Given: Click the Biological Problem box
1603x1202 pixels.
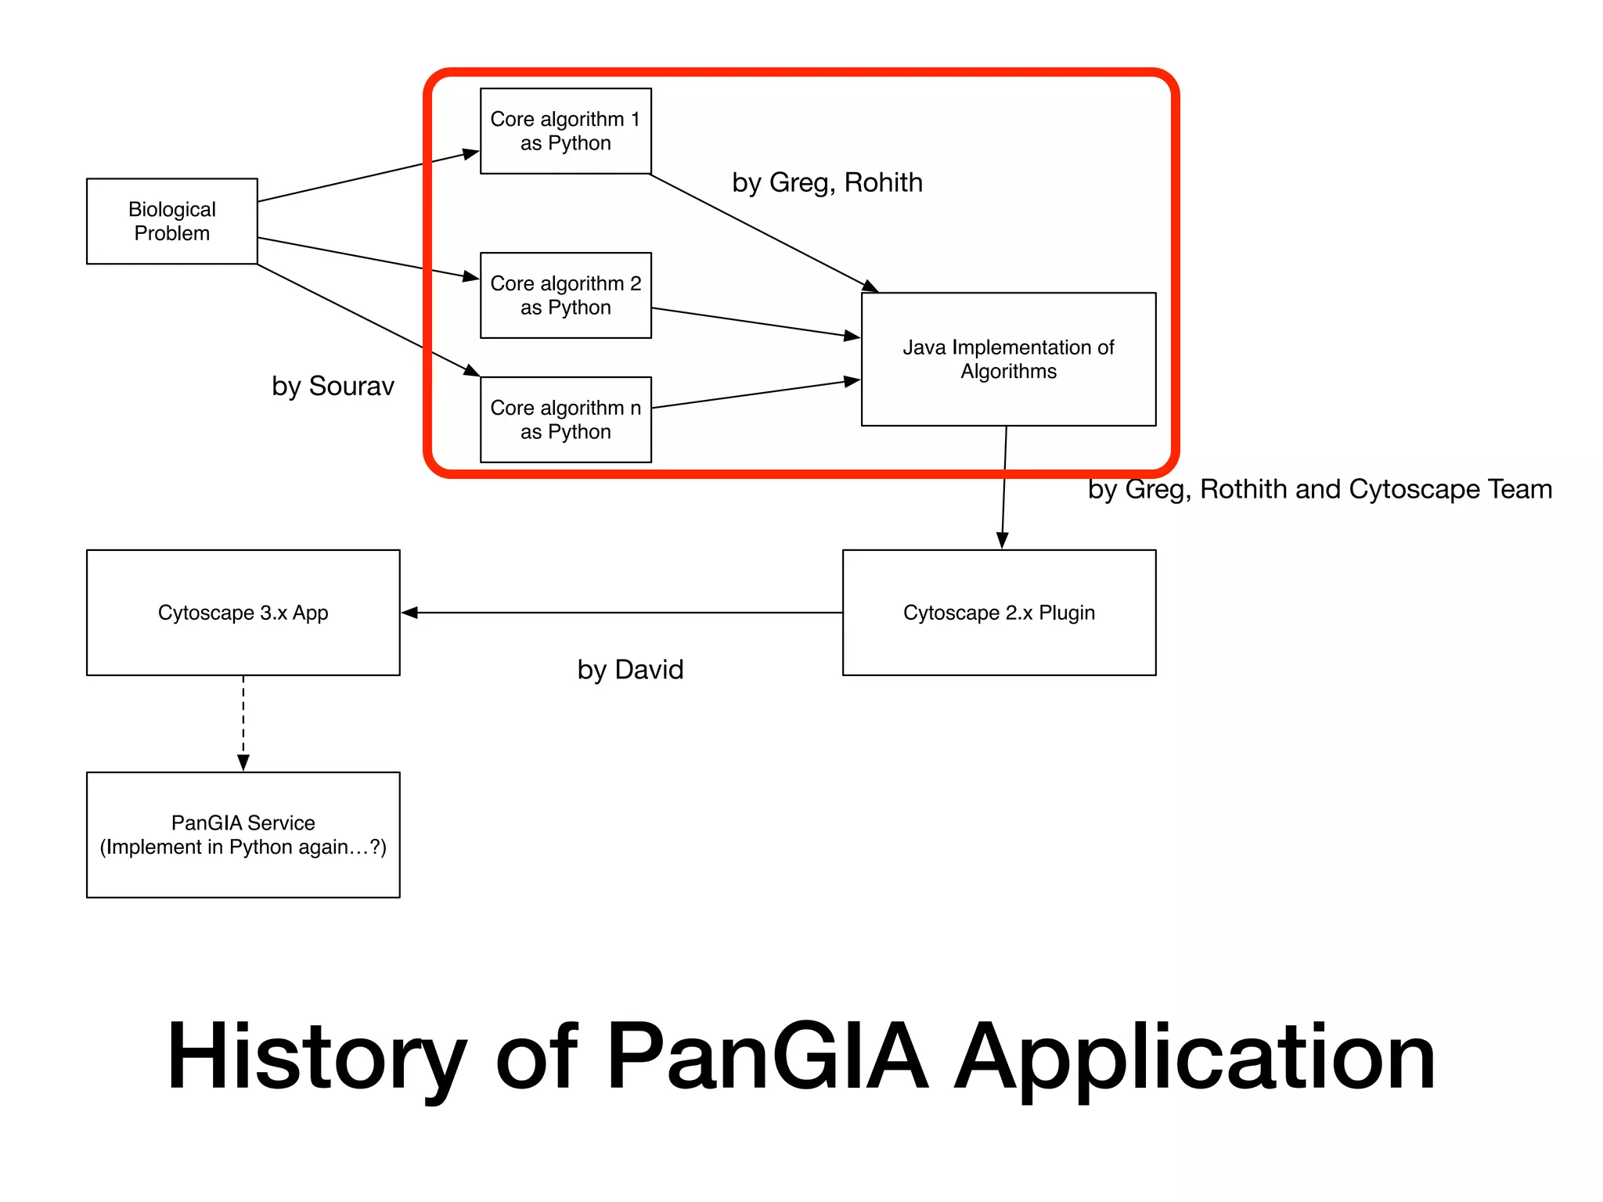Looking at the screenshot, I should pyautogui.click(x=171, y=221).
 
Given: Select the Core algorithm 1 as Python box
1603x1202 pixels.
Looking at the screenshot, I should pyautogui.click(x=565, y=131).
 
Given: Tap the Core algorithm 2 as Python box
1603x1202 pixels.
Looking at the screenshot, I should pyautogui.click(x=565, y=295).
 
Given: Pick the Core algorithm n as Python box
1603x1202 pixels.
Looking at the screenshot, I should pyautogui.click(x=565, y=419).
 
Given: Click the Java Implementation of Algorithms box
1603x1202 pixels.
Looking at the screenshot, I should pyautogui.click(x=1008, y=359).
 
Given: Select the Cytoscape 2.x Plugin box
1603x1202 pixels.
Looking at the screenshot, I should pyautogui.click(x=999, y=612).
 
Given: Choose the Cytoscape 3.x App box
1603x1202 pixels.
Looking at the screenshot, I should pyautogui.click(x=243, y=612).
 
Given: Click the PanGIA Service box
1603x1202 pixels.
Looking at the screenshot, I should pyautogui.click(x=243, y=834).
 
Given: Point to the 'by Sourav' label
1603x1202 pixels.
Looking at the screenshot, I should pyautogui.click(x=333, y=386).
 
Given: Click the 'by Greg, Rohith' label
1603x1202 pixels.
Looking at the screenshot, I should pyautogui.click(x=827, y=182).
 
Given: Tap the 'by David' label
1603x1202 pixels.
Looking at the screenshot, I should pyautogui.click(x=630, y=669).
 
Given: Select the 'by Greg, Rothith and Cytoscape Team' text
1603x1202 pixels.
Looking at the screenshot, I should pyautogui.click(x=1320, y=489).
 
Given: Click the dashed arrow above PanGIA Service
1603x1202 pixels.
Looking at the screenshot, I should pyautogui.click(x=243, y=723).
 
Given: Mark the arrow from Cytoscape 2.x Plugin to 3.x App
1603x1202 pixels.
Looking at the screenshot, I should pyautogui.click(x=621, y=613).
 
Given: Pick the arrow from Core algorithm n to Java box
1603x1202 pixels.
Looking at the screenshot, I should pyautogui.click(x=755, y=394).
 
